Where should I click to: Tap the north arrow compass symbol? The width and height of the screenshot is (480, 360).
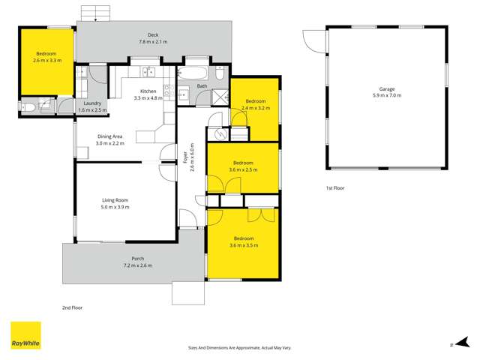(452, 345)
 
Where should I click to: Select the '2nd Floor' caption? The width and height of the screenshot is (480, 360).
(72, 307)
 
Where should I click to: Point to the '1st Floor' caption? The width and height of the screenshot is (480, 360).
(334, 187)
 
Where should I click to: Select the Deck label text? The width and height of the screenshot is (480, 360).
(152, 34)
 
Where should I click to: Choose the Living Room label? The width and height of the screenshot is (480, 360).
(116, 200)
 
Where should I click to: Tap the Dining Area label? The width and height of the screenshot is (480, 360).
(110, 136)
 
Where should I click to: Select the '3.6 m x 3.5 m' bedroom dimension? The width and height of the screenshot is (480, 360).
(244, 245)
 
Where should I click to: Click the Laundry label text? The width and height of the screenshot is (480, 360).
(92, 103)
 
